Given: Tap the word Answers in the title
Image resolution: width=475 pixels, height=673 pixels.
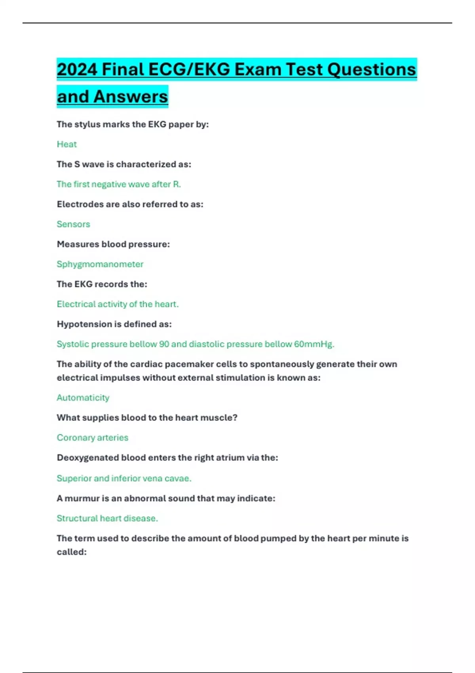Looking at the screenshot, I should click(131, 97).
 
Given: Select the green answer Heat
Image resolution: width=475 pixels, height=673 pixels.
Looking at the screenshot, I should click(66, 144).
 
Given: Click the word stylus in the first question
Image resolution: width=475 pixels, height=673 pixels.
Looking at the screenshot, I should click(87, 124).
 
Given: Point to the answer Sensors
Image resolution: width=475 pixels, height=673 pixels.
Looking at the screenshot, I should click(73, 224).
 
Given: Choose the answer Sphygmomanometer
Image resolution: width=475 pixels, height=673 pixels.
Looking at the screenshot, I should click(100, 264).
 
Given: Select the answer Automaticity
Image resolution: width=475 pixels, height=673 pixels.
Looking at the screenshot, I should click(83, 397).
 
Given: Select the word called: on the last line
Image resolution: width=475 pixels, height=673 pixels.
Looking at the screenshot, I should click(71, 552).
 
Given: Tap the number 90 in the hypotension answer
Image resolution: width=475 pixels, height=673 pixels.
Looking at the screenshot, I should click(164, 344).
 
